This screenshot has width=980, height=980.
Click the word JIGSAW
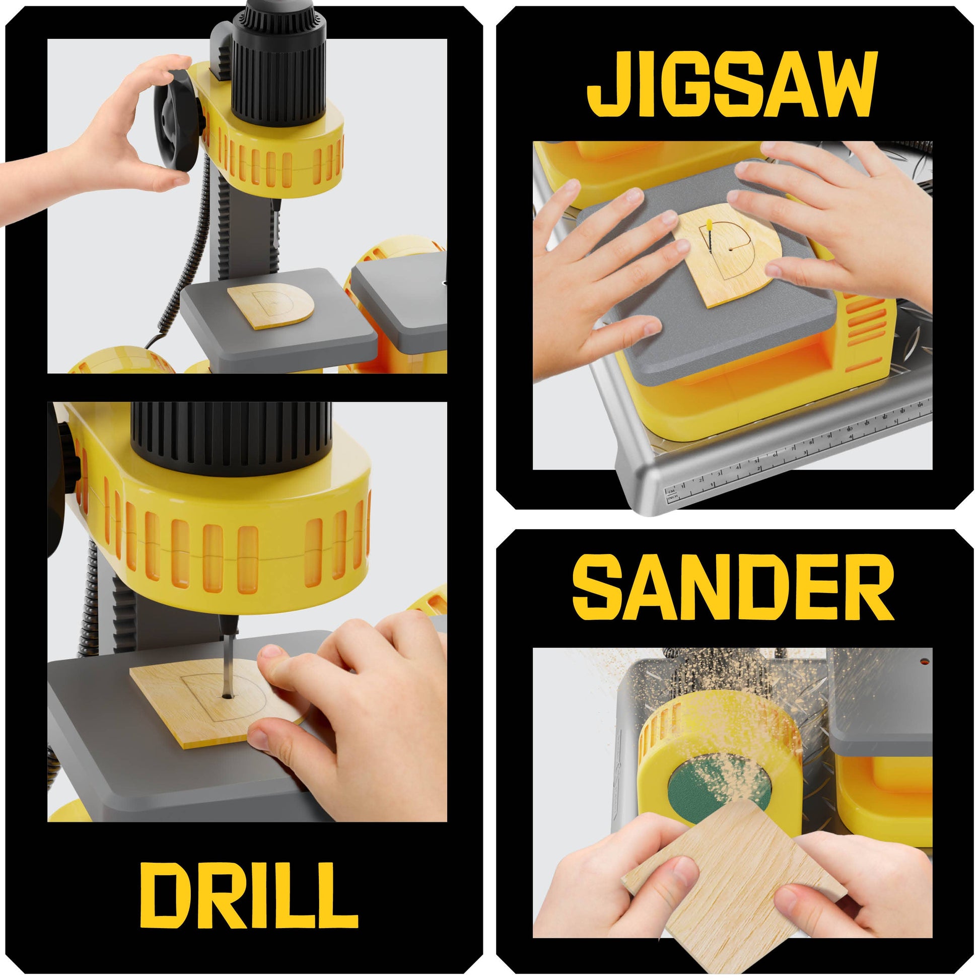coord(732,84)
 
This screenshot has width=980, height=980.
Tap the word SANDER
coord(732,587)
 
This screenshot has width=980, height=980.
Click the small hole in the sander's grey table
coord(925,661)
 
